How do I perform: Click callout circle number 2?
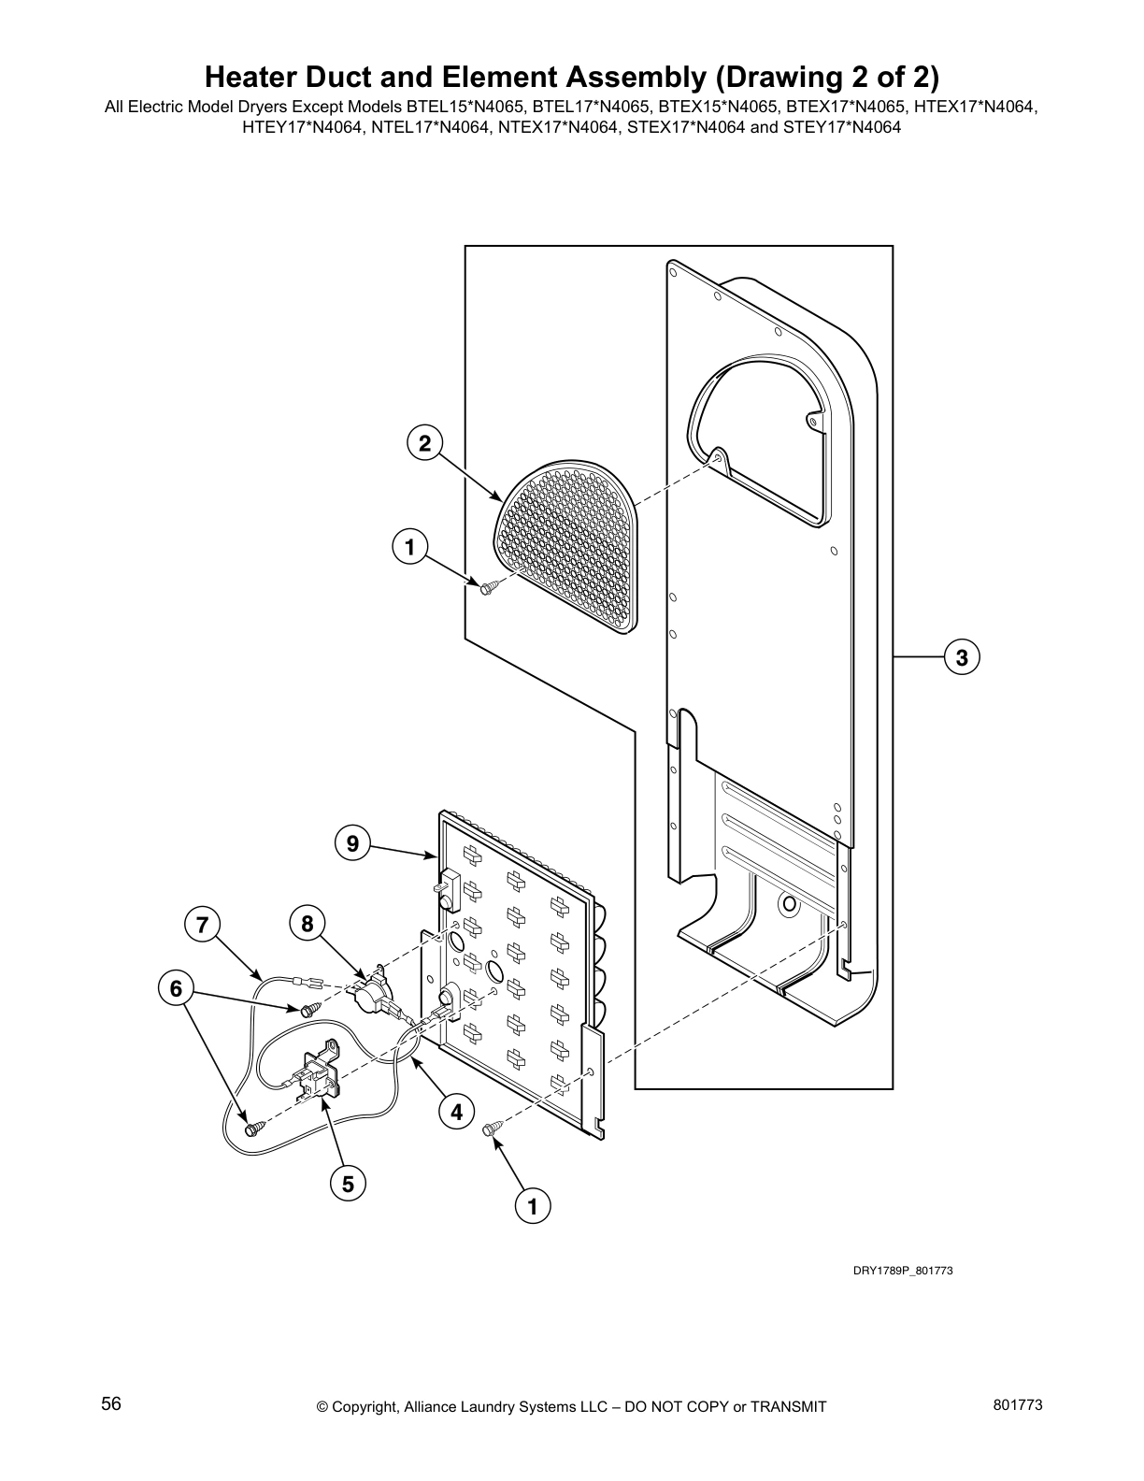[x=424, y=443]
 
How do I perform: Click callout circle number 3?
[x=962, y=657]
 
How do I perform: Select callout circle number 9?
[x=352, y=844]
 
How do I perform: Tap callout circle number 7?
[x=202, y=926]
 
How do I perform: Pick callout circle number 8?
[x=307, y=926]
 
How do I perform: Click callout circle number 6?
[x=176, y=988]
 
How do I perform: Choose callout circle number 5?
[x=348, y=1184]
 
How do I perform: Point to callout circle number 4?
[x=456, y=1112]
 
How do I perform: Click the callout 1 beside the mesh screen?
[x=409, y=546]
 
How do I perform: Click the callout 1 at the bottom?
[x=533, y=1206]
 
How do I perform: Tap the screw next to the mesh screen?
[x=489, y=587]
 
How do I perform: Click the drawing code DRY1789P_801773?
[x=902, y=1271]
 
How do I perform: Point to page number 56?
[x=111, y=1403]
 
